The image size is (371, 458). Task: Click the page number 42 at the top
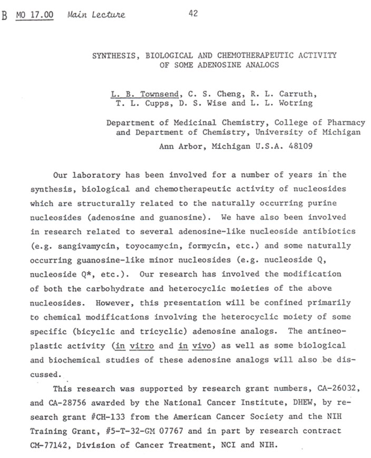193,14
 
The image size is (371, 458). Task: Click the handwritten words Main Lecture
96,15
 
